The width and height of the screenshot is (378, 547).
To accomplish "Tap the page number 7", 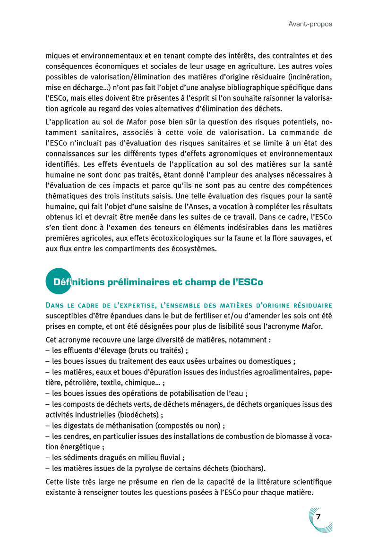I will [318, 516].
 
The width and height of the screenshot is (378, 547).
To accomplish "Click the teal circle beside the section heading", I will [58, 282].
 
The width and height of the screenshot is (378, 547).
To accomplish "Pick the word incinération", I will [309, 77].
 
